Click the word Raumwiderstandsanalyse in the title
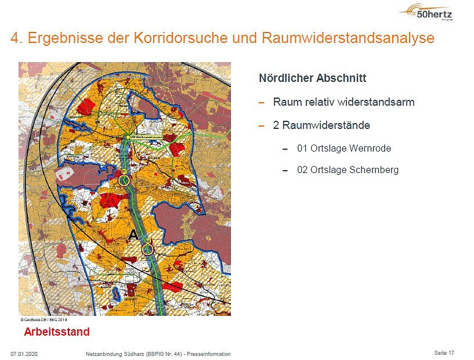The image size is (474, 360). (x=348, y=39)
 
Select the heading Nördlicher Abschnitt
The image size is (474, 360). (x=312, y=78)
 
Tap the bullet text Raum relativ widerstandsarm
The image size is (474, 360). (x=343, y=102)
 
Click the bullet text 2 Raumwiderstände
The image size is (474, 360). (x=321, y=125)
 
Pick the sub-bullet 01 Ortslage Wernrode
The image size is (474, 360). (x=343, y=148)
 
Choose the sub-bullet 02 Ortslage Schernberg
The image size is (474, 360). (x=348, y=170)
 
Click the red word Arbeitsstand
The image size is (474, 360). (x=57, y=332)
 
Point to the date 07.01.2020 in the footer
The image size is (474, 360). (x=24, y=354)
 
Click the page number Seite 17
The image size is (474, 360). (x=444, y=353)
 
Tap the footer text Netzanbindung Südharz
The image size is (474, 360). (x=114, y=354)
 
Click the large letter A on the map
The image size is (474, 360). (x=133, y=235)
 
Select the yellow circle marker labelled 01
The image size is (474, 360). (x=125, y=180)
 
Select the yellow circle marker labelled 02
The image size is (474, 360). (x=149, y=249)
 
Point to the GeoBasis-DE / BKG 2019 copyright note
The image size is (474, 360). (x=45, y=319)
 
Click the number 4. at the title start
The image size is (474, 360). (x=16, y=39)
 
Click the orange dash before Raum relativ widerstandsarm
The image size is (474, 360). (x=262, y=103)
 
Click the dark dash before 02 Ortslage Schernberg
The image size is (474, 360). (x=285, y=171)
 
